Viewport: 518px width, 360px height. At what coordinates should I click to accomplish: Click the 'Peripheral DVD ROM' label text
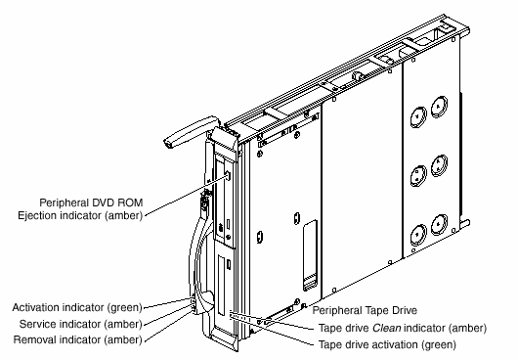click(x=91, y=202)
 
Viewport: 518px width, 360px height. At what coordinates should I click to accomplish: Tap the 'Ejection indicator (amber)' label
click(x=80, y=215)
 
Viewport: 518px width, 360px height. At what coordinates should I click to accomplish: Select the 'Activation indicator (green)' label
click(x=77, y=308)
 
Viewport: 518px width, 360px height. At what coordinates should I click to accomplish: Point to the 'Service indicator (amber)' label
click(x=81, y=324)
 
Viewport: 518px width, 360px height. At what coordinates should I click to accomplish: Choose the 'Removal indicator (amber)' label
click(x=78, y=339)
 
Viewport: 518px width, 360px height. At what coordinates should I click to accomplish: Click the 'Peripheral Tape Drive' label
click(x=365, y=311)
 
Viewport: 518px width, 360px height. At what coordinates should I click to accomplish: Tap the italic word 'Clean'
click(x=387, y=329)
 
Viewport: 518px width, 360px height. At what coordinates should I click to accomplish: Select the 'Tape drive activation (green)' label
click(x=387, y=344)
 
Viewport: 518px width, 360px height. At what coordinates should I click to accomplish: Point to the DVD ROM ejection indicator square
click(x=228, y=175)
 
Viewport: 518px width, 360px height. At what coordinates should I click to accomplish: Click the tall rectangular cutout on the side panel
click(x=310, y=255)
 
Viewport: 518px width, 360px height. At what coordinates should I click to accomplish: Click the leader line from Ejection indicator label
click(x=186, y=196)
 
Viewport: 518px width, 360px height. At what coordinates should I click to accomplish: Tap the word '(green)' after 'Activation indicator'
click(x=124, y=308)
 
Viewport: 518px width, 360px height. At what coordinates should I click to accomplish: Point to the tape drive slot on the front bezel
click(x=221, y=286)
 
